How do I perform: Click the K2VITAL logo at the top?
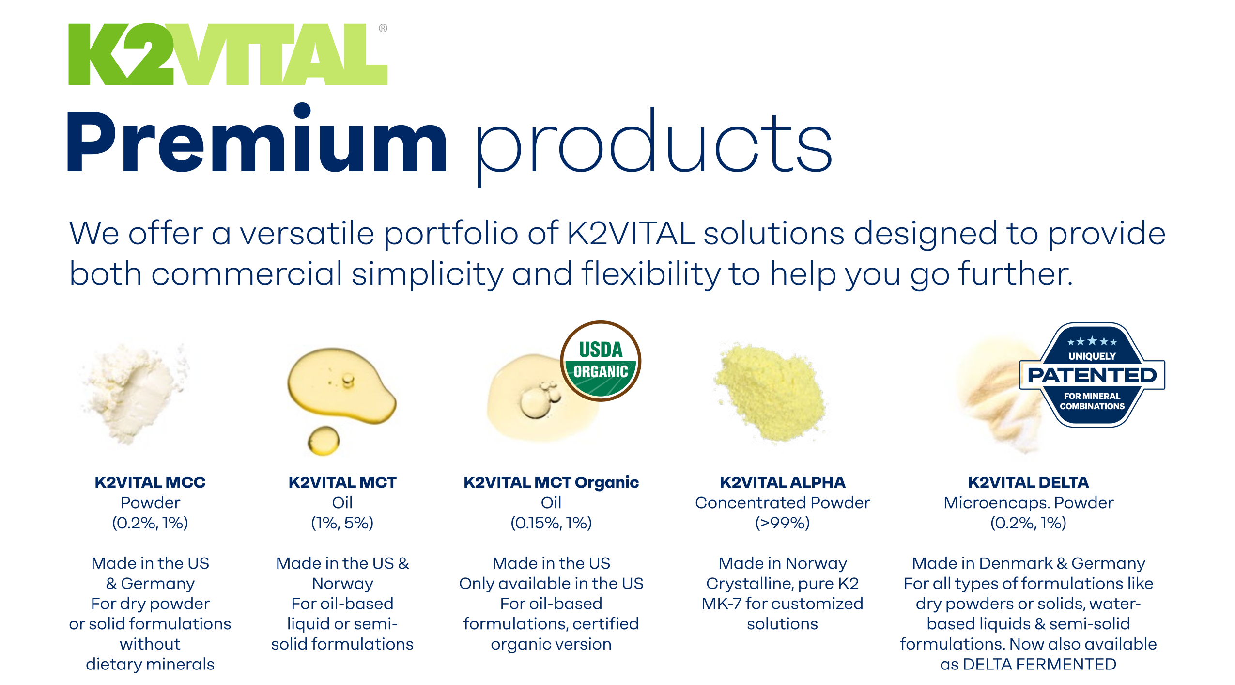(x=228, y=54)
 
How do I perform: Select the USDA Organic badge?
(x=601, y=361)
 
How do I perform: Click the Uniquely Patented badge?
(x=1092, y=375)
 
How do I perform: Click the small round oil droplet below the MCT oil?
(x=324, y=440)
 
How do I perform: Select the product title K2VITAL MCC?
(x=150, y=482)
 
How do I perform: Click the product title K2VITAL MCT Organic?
(x=551, y=482)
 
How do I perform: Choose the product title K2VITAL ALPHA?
(x=782, y=482)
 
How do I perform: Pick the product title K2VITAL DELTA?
(x=1028, y=482)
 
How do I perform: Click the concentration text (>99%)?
(x=782, y=523)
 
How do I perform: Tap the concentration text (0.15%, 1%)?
(x=551, y=523)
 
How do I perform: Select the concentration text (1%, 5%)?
(x=342, y=523)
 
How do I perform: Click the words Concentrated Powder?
(x=782, y=503)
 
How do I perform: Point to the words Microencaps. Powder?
(x=1028, y=503)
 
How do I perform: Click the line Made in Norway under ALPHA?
(x=782, y=563)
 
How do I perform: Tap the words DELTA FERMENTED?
(x=1039, y=664)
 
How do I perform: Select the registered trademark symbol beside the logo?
(x=383, y=28)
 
